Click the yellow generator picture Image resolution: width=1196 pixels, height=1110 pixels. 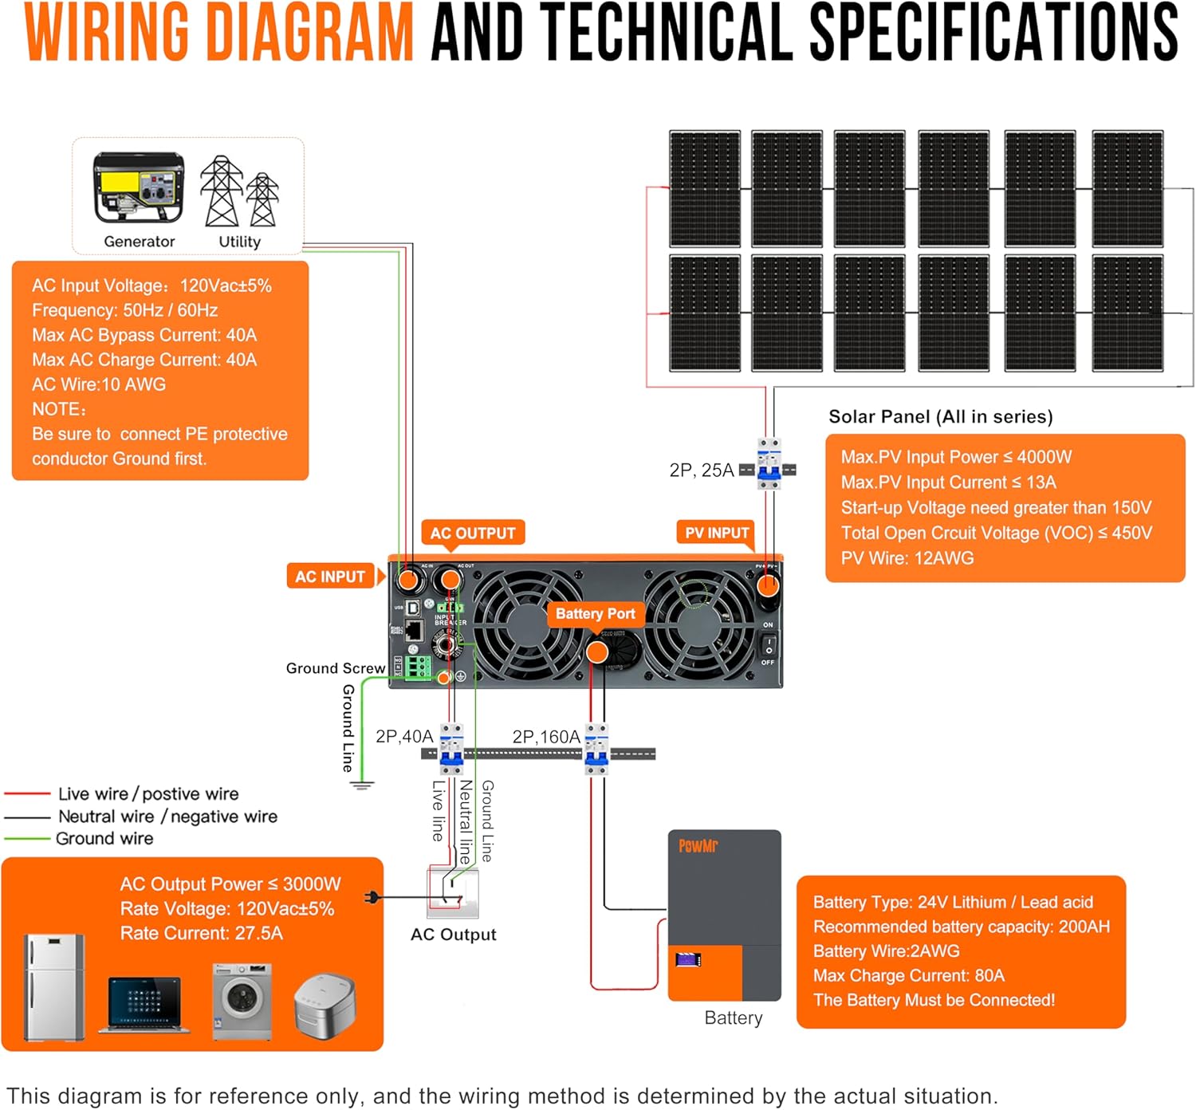139,188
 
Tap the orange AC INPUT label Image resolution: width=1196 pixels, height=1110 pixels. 330,577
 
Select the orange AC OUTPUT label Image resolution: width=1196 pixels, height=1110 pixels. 473,533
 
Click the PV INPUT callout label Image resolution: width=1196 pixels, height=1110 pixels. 717,533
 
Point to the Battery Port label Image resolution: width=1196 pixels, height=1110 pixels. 595,614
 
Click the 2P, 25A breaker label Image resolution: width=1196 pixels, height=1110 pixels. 702,470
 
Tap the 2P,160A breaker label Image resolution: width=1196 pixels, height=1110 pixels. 546,737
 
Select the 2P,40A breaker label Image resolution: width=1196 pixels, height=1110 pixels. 404,737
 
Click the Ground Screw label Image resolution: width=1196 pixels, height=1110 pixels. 336,668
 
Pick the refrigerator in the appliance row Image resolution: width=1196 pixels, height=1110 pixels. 54,987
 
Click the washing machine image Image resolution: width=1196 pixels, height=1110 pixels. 242,1000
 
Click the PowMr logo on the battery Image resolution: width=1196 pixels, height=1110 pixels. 698,846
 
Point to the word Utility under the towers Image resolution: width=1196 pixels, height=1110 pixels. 239,242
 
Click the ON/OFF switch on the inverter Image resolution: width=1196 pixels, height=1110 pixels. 768,644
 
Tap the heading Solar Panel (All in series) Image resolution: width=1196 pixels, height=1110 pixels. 941,417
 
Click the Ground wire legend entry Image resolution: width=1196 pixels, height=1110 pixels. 104,839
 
